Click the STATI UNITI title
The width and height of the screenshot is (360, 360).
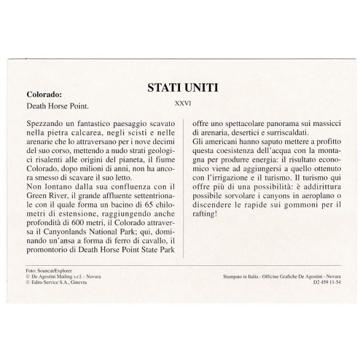(x=183, y=88)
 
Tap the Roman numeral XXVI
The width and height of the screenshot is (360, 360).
(x=182, y=103)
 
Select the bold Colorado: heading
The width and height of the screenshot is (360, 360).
(x=44, y=94)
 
